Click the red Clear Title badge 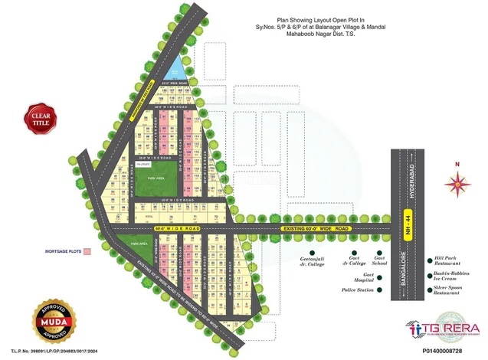pyautogui.click(x=38, y=118)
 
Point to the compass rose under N pyautogui.click(x=457, y=182)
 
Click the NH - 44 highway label pyautogui.click(x=407, y=227)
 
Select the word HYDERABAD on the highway pyautogui.click(x=407, y=184)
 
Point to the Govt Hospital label pyautogui.click(x=368, y=277)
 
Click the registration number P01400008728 pyautogui.click(x=444, y=349)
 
